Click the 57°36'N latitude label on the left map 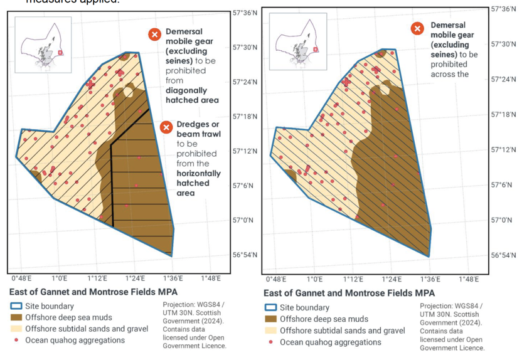(245, 13)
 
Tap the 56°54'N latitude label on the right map (503, 255)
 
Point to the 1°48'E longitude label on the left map (210, 278)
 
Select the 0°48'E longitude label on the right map (276, 279)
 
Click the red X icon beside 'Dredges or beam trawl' (166, 127)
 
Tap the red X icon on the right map (418, 28)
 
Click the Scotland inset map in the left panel (43, 45)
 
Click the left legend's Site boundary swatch (16, 306)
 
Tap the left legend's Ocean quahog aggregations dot (16, 341)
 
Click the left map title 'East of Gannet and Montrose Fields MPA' (94, 292)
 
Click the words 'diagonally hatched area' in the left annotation (192, 95)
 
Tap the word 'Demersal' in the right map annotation (448, 26)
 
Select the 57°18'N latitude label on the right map (503, 114)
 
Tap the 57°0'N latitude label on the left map (243, 220)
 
